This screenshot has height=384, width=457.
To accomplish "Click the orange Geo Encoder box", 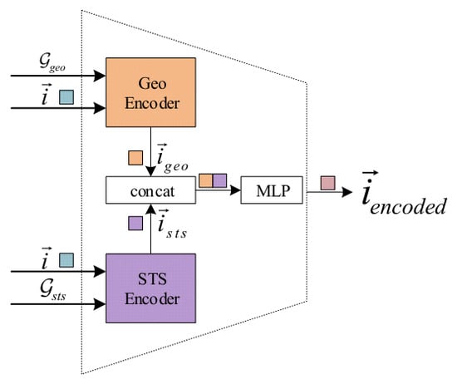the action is (x=150, y=92).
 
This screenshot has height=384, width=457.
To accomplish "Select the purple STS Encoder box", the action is (x=150, y=288).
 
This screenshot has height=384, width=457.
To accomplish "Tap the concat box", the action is (x=150, y=190).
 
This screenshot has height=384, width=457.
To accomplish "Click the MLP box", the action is (x=272, y=190).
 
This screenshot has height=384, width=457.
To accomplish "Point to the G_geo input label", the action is (x=52, y=62).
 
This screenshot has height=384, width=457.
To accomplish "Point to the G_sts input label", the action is (x=52, y=289).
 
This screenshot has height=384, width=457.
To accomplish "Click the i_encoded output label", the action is (x=404, y=193).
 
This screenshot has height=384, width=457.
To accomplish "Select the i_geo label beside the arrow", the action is (x=172, y=158).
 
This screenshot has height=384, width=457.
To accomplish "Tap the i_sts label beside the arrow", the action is (x=172, y=224).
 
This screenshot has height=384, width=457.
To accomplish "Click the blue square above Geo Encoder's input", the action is (x=66, y=97).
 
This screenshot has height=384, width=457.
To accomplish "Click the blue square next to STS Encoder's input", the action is (x=66, y=260).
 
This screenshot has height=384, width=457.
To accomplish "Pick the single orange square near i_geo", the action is (x=135, y=158).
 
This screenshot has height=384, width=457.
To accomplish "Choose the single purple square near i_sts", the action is (x=135, y=223).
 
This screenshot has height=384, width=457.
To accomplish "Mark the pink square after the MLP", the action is (x=328, y=183).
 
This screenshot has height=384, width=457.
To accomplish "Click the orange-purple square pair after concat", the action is (x=213, y=180).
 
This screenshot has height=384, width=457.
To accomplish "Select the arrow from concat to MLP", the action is (x=218, y=190).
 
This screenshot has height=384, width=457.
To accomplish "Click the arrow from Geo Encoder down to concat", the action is (x=150, y=151).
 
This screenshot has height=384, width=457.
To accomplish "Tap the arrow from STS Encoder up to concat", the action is (x=150, y=229).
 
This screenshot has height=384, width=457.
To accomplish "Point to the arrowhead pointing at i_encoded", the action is (x=347, y=192).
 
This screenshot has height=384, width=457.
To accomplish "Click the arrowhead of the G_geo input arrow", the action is (x=100, y=76).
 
